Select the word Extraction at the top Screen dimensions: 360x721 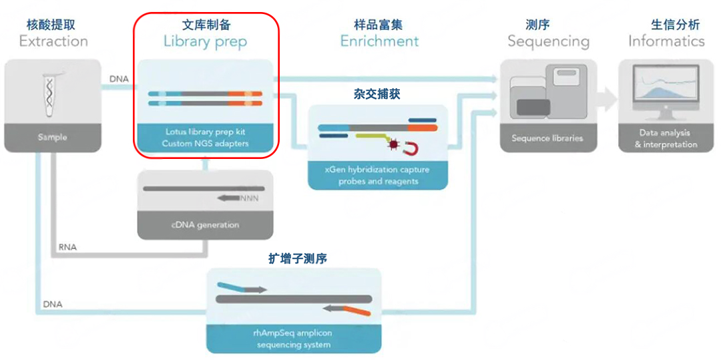tap(53, 41)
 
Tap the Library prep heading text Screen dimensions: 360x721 tap(205, 41)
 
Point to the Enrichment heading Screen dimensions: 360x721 tap(379, 41)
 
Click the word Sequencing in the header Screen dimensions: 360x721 tap(548, 41)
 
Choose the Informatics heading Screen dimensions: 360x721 tap(666, 41)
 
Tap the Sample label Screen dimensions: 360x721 tap(53, 138)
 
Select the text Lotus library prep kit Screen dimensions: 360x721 tap(205, 132)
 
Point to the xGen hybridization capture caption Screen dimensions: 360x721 tap(377, 170)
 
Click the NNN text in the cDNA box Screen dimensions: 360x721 tap(250, 198)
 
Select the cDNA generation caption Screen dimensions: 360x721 tap(205, 225)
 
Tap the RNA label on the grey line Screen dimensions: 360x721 tap(67, 247)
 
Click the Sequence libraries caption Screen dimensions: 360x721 tap(547, 138)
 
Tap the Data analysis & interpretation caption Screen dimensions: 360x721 tap(666, 139)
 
